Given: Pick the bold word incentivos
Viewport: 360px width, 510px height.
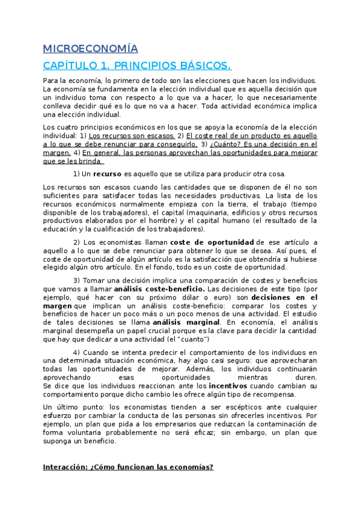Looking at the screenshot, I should [x=231, y=386].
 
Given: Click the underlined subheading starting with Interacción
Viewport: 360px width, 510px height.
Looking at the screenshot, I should [x=128, y=467].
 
